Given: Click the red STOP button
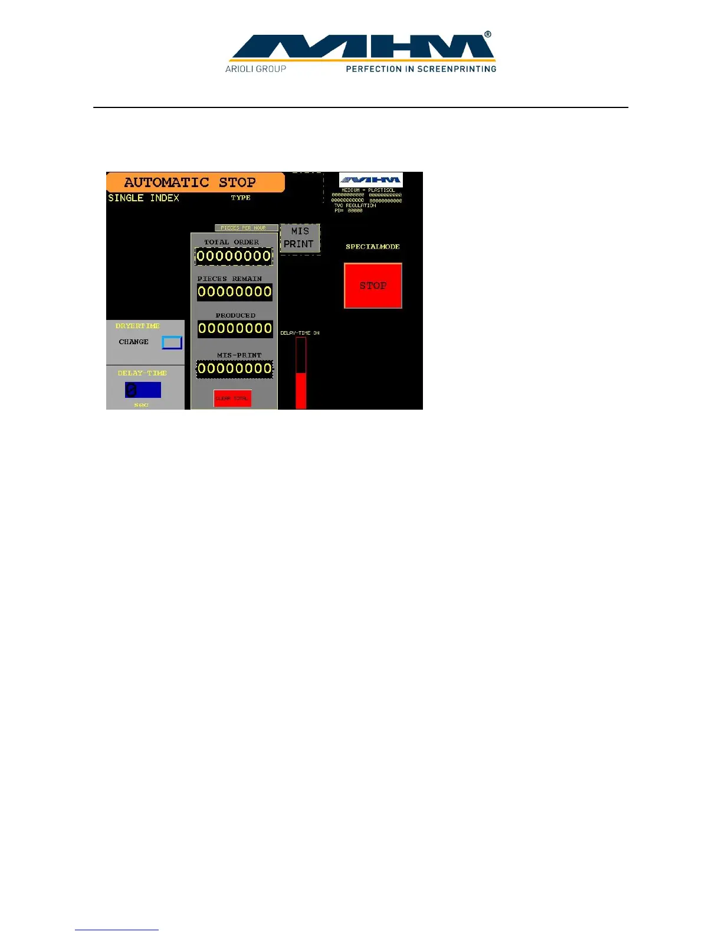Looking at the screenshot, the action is (373, 286).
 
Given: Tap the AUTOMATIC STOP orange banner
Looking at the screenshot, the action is (195, 182).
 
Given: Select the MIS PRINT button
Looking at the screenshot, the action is (300, 238).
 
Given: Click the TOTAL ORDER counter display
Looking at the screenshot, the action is (234, 256).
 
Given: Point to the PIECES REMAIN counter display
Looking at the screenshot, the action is (234, 292).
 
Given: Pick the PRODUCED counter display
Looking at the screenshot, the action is (235, 328).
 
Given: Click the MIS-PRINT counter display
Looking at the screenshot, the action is (234, 369).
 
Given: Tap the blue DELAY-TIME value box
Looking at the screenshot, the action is (143, 390).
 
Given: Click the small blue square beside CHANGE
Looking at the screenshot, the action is (172, 342).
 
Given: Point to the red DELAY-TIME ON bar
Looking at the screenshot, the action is (301, 390).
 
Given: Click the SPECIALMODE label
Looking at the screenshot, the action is (373, 247).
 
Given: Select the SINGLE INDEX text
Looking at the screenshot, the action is (143, 198).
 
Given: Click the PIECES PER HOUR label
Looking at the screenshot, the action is (243, 228).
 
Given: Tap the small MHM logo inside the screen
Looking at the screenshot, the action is (370, 179).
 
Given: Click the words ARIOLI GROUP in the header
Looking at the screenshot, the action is (255, 69).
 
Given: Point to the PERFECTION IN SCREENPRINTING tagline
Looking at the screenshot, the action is (421, 69).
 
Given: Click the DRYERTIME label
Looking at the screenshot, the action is (137, 326).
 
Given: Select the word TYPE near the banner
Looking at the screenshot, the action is (241, 198).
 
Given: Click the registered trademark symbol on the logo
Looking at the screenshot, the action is (488, 35).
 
